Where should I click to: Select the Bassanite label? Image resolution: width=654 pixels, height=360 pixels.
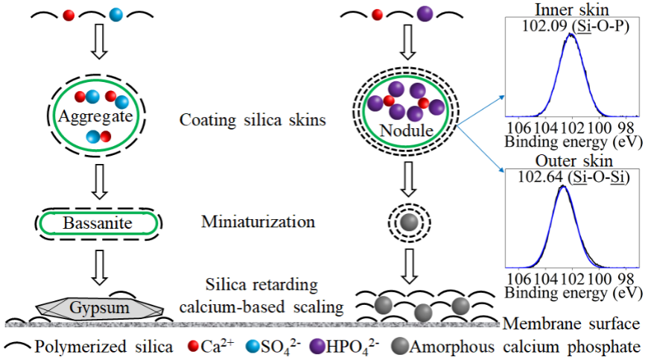(x=98, y=222)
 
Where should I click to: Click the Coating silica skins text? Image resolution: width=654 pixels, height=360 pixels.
(x=253, y=119)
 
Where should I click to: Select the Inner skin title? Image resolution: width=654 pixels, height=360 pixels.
(x=571, y=10)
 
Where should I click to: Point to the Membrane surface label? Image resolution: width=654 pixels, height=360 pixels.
(x=571, y=324)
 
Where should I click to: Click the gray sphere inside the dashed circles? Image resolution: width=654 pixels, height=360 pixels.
(x=407, y=222)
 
